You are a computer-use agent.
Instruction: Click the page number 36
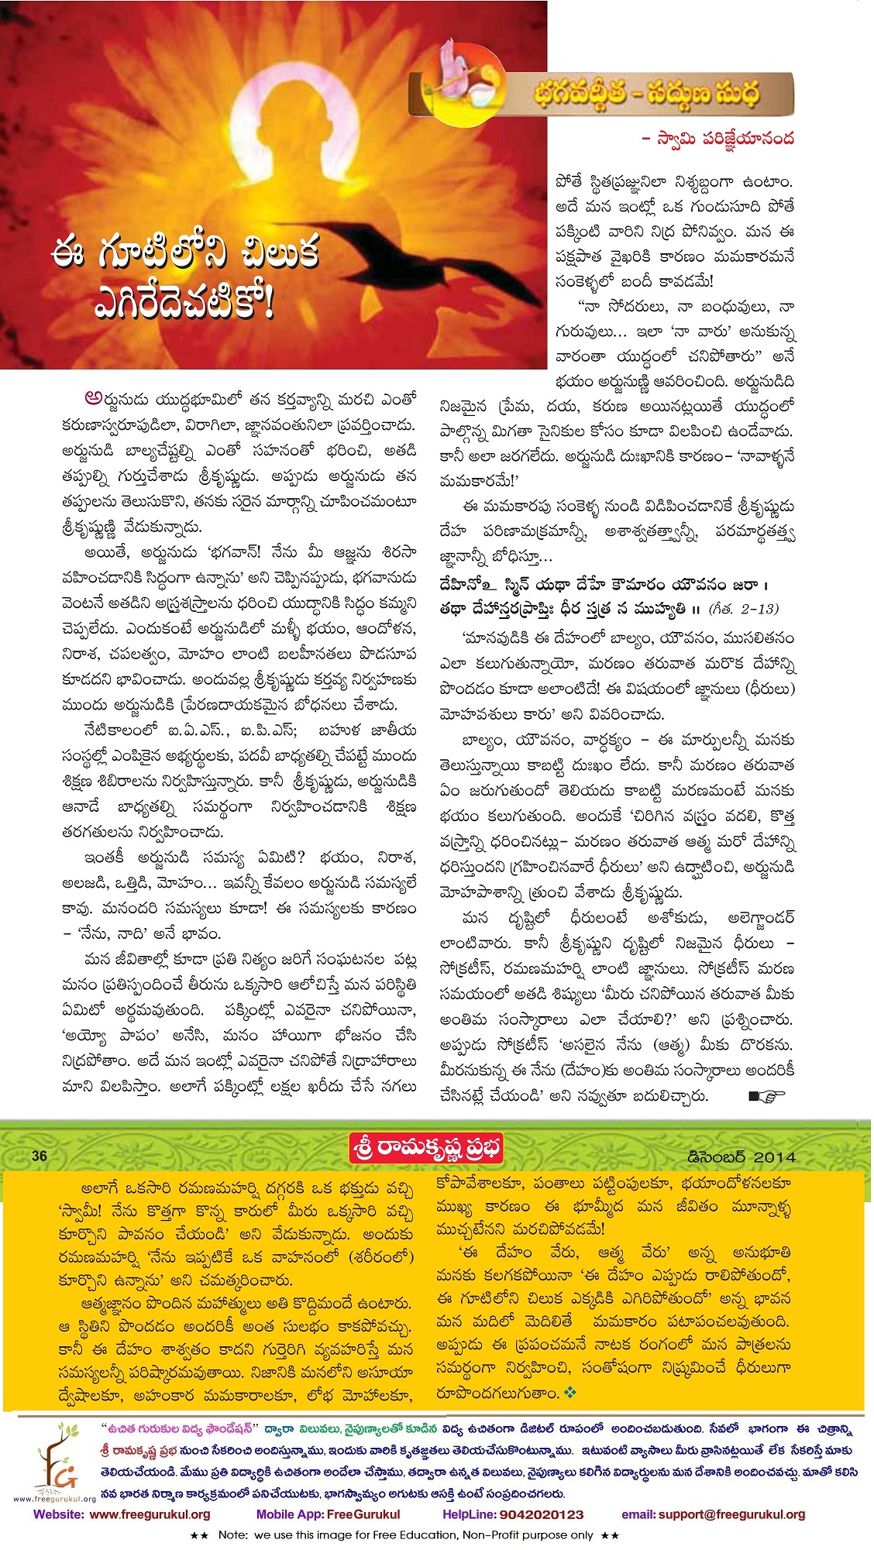coord(40,1156)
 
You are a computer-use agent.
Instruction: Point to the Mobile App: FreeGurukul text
coord(328,1514)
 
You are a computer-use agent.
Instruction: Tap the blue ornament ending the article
coord(571,1393)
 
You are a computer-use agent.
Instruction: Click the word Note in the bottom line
coord(233,1535)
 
